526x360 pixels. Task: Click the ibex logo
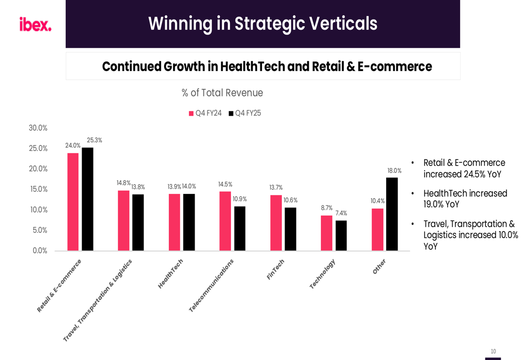[35, 24]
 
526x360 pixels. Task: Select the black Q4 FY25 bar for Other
[392, 214]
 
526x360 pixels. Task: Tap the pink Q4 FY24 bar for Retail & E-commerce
[73, 202]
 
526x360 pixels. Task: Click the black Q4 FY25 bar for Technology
[341, 235]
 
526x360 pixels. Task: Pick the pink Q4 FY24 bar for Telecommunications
[225, 221]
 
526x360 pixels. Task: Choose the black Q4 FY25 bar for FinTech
[290, 229]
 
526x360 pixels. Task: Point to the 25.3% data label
[95, 140]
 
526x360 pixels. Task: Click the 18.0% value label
[394, 171]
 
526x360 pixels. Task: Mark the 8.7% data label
[327, 208]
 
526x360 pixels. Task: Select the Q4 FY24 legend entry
[205, 113]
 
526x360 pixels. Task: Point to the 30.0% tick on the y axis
[38, 128]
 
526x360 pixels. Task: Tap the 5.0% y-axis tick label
[39, 230]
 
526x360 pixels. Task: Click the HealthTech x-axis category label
[170, 273]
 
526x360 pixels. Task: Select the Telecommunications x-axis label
[211, 285]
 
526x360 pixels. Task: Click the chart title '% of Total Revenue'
[222, 93]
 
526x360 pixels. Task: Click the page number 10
[493, 352]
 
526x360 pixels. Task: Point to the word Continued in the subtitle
[131, 67]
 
